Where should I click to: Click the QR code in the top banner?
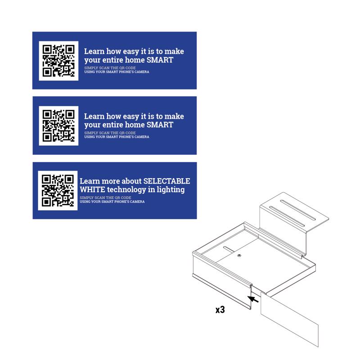pyautogui.click(x=58, y=61)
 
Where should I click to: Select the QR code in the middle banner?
pyautogui.click(x=58, y=126)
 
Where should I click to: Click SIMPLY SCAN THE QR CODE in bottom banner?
pyautogui.click(x=105, y=198)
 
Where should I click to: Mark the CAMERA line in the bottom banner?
pyautogui.click(x=112, y=202)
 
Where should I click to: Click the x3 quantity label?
pyautogui.click(x=220, y=310)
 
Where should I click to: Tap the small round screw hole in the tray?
pyautogui.click(x=239, y=256)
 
